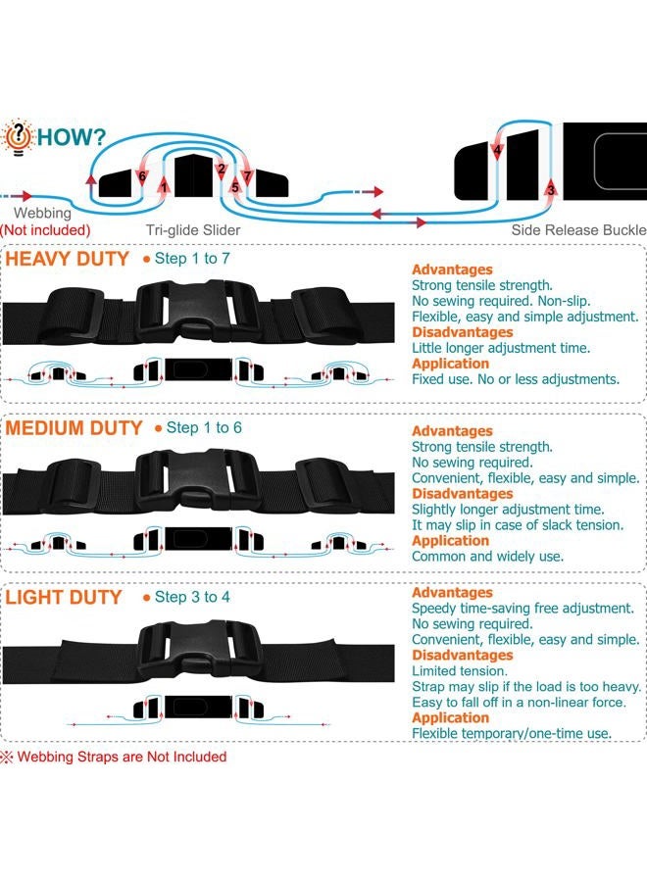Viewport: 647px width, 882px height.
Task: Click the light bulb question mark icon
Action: click(x=18, y=136)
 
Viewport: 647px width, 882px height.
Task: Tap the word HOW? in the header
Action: click(x=72, y=136)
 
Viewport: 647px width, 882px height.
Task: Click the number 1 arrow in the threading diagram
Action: click(x=164, y=185)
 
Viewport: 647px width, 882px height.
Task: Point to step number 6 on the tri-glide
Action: click(x=142, y=176)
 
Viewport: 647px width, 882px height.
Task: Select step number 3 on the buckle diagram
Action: click(x=551, y=189)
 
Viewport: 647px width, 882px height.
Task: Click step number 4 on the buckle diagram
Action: click(x=497, y=150)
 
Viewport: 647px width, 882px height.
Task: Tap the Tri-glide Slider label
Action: click(x=193, y=230)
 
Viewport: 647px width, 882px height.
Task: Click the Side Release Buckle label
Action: click(x=579, y=230)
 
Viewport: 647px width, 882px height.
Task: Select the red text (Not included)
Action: click(x=45, y=230)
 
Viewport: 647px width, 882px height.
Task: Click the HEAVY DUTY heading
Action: click(x=68, y=260)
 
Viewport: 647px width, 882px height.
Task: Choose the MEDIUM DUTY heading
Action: click(x=74, y=428)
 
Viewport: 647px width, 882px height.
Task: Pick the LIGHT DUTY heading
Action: click(x=64, y=598)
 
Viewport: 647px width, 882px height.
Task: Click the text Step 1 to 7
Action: click(x=192, y=259)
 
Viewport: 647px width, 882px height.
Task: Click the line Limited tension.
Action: click(x=460, y=671)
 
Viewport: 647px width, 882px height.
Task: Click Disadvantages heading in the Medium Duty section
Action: click(x=463, y=494)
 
